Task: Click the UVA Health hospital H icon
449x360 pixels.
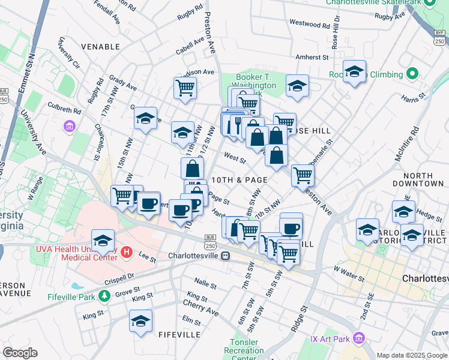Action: pyautogui.click(x=126, y=252)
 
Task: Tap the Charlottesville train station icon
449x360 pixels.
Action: pyautogui.click(x=225, y=255)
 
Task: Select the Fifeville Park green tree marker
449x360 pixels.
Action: pyautogui.click(x=104, y=295)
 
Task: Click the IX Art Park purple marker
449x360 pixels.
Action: pyautogui.click(x=359, y=339)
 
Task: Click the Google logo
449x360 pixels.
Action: pyautogui.click(x=20, y=352)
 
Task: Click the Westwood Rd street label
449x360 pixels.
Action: pyautogui.click(x=310, y=25)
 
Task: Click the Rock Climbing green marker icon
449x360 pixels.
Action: pyautogui.click(x=412, y=74)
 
